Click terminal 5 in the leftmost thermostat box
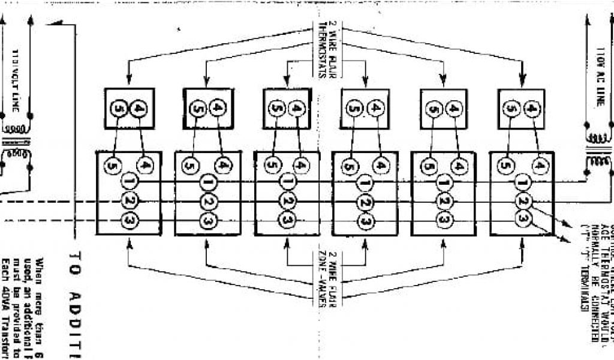coord(118,108)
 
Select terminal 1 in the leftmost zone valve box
coord(129,180)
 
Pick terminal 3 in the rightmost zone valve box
coord(523,220)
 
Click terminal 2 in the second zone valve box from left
coord(208,200)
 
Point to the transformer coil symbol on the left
coord(17,144)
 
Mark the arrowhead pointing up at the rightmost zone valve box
coord(521,244)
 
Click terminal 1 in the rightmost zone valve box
coord(522,181)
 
